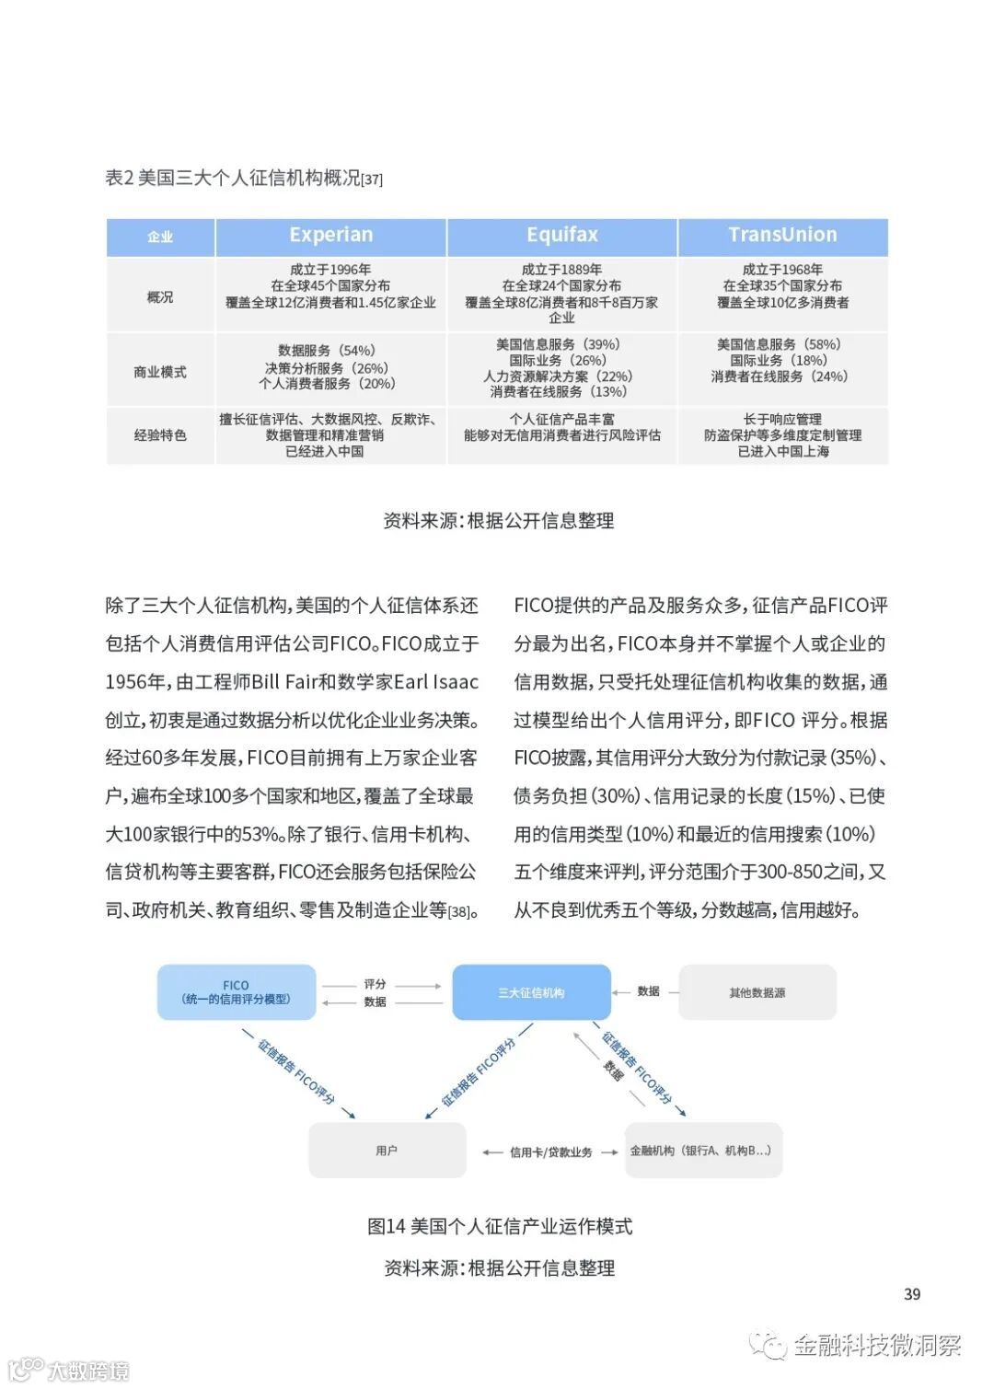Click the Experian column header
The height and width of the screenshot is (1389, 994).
tap(331, 236)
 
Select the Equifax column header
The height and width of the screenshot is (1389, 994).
tap(562, 236)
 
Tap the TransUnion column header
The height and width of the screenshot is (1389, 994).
tap(783, 236)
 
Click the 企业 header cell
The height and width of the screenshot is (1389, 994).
tap(160, 237)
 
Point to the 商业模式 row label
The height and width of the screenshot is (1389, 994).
tap(160, 372)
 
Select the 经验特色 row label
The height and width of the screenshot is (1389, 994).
tap(160, 435)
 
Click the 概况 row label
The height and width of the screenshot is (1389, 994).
tap(160, 297)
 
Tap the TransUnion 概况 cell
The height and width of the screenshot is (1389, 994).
tap(783, 286)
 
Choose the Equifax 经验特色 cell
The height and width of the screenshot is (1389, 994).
tap(562, 428)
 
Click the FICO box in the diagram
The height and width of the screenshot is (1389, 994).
tap(237, 992)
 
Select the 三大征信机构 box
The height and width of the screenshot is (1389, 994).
tap(531, 992)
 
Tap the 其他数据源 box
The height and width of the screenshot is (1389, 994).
tap(757, 992)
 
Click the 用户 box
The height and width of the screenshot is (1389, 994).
tap(387, 1151)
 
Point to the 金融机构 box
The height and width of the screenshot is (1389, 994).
tap(703, 1151)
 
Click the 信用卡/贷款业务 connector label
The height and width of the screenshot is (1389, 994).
tap(550, 1152)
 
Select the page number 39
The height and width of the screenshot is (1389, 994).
tap(912, 1294)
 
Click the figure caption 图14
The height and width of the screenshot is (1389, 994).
tap(500, 1226)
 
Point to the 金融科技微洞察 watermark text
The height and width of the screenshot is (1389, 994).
tap(877, 1346)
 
